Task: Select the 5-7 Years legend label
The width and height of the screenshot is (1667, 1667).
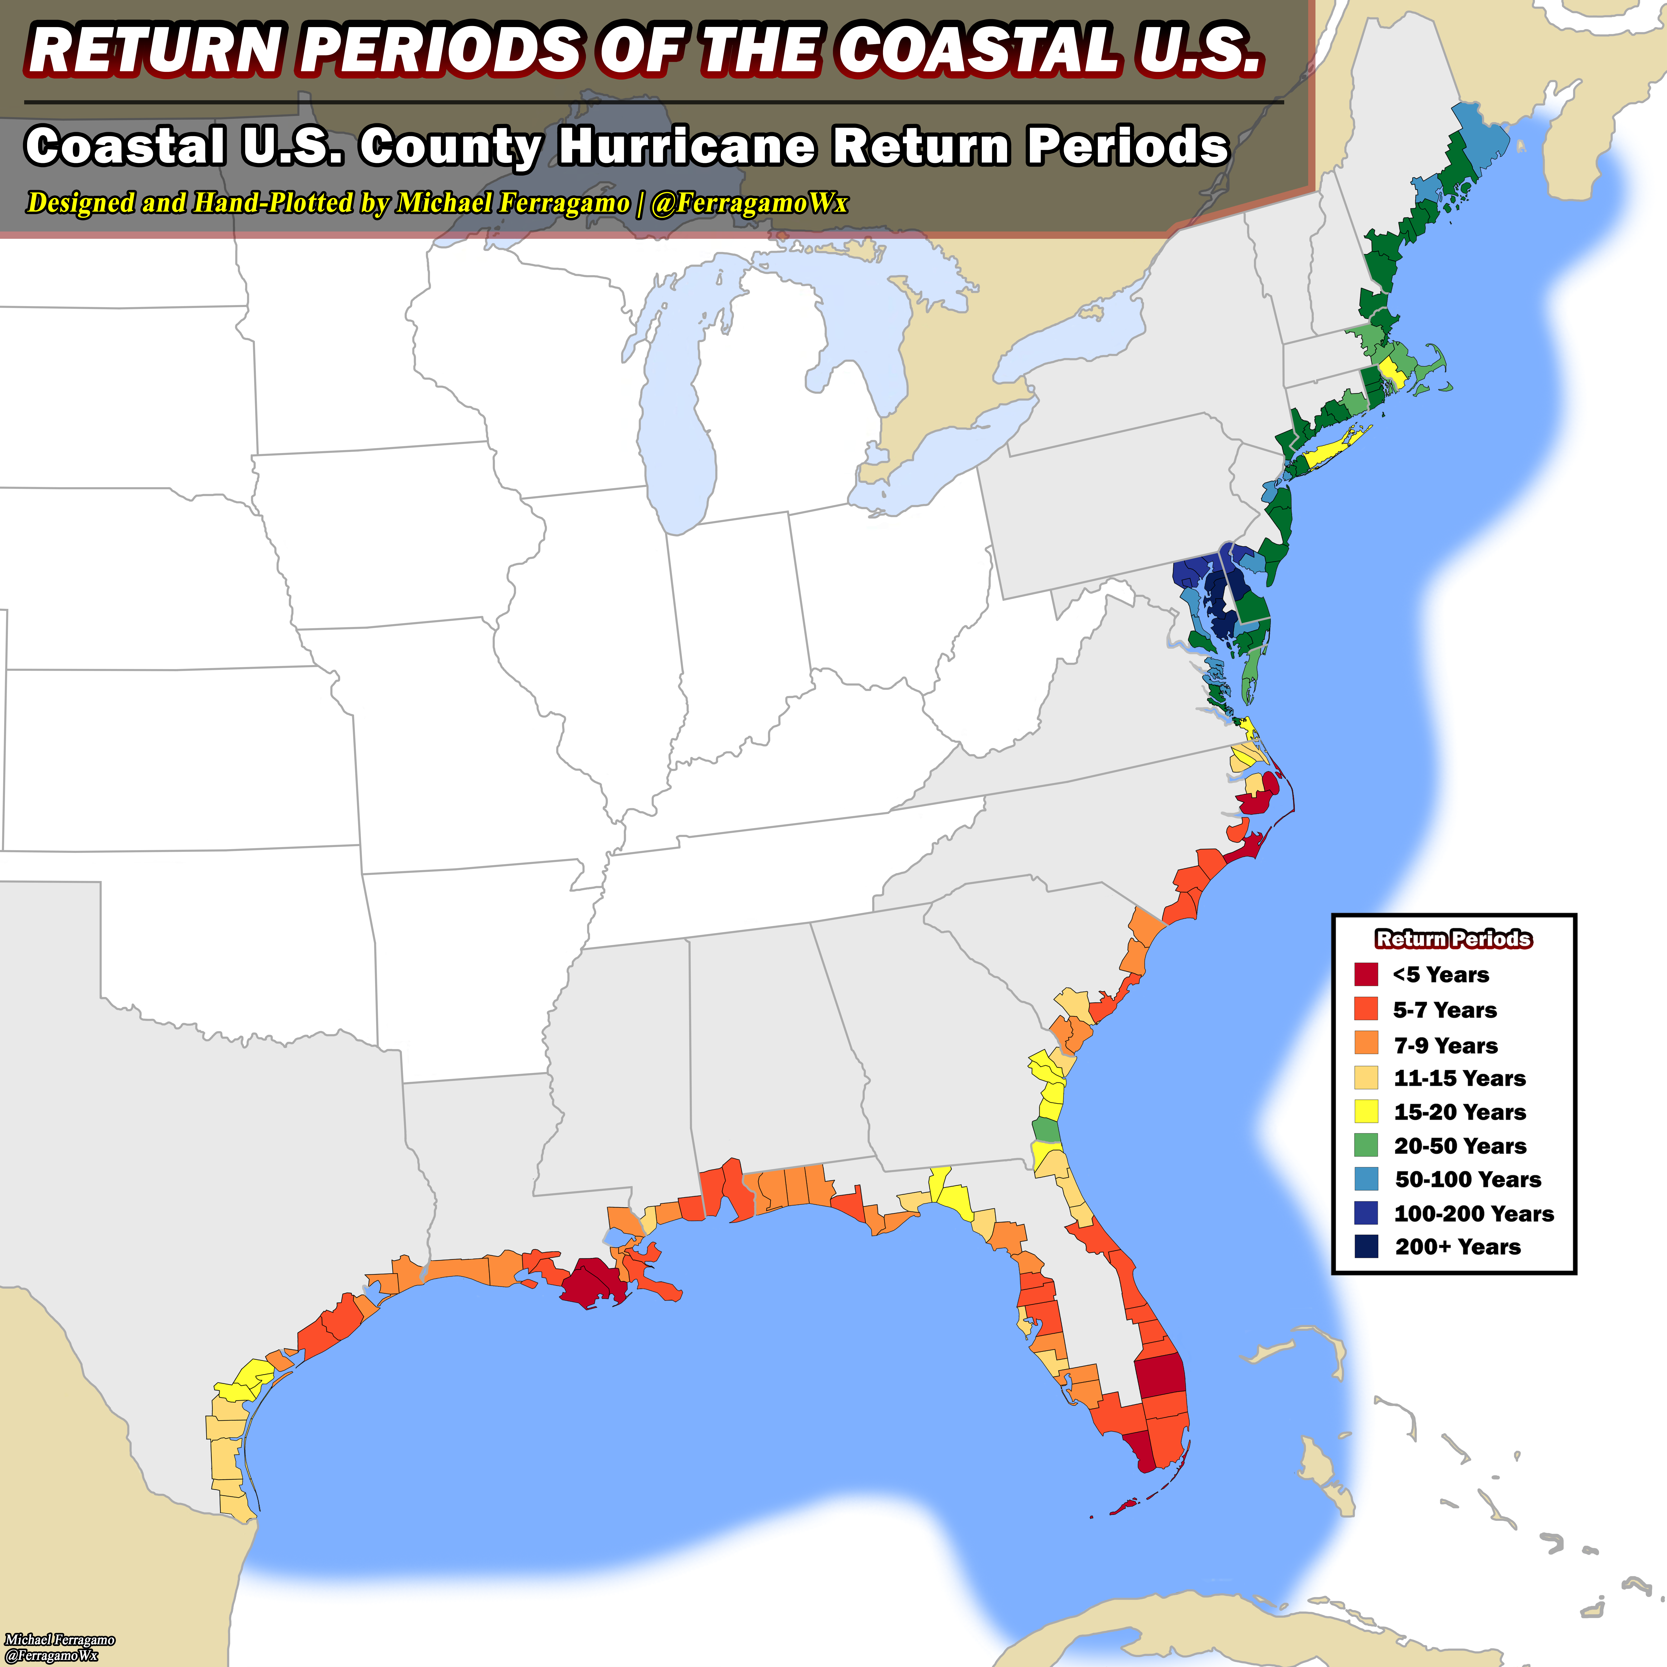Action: [1444, 1010]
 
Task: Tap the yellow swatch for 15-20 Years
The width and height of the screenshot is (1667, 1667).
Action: [1366, 1111]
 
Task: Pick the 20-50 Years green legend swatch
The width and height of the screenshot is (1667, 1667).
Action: [1366, 1145]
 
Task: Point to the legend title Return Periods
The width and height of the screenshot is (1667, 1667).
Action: [1454, 939]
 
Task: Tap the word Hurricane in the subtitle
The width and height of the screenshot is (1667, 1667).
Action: [686, 147]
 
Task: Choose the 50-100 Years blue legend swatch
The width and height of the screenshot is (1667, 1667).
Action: [1366, 1179]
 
